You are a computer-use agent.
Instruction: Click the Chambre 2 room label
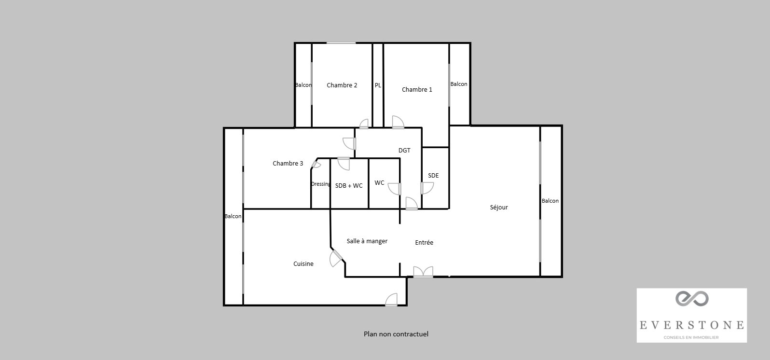pos(342,85)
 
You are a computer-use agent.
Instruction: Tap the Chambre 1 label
pos(417,90)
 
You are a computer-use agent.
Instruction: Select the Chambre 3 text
pos(288,164)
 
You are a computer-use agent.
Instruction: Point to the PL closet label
pos(378,85)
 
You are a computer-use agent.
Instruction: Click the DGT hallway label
pos(404,151)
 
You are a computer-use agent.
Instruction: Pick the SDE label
pos(433,176)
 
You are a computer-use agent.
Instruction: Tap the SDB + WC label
pos(349,186)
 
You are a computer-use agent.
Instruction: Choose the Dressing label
pos(321,184)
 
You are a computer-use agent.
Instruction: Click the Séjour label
pos(499,208)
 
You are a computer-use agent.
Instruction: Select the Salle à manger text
pos(367,241)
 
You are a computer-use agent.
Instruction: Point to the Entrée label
pos(424,243)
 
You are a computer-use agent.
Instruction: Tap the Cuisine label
pos(303,264)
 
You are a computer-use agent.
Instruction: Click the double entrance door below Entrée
pos(423,273)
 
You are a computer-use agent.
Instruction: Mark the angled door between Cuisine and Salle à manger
pos(336,258)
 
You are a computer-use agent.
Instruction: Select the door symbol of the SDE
pos(426,188)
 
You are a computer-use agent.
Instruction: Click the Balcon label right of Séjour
pos(550,201)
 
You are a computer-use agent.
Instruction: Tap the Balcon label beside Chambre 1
pos(459,84)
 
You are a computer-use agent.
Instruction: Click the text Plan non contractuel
pos(396,334)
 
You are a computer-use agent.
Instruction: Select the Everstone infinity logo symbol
pos(691,299)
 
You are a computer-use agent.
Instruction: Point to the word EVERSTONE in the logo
pos(691,325)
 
